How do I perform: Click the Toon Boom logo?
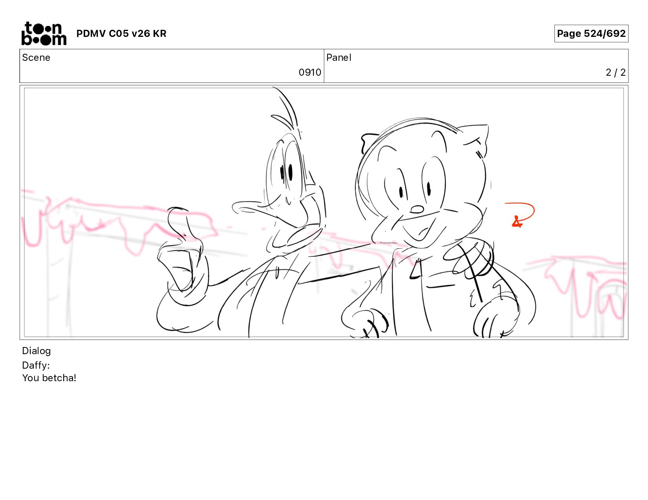click(x=44, y=33)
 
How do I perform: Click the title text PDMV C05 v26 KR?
click(x=121, y=33)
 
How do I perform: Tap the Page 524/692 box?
click(x=591, y=33)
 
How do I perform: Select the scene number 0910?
click(x=310, y=72)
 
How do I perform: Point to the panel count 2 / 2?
click(x=615, y=72)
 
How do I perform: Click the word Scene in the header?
click(x=36, y=58)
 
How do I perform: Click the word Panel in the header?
click(x=339, y=58)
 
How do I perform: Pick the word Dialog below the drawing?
click(x=37, y=351)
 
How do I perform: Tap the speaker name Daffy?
click(x=36, y=365)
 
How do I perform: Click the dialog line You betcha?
click(x=49, y=378)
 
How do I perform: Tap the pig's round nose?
click(x=417, y=209)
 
